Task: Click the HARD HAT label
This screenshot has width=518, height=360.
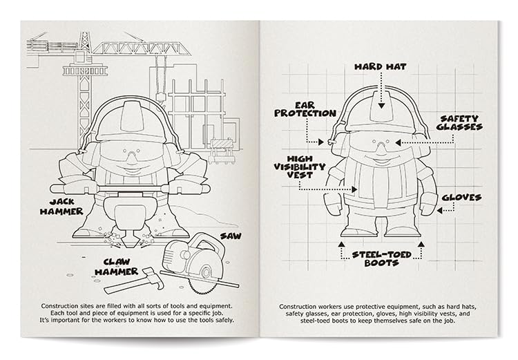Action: coord(381,67)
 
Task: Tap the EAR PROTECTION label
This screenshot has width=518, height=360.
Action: coord(296,109)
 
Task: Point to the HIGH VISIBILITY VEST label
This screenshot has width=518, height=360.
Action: coord(298,167)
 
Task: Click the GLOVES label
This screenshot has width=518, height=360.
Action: coord(461,197)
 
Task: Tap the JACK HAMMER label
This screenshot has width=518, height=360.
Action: coord(66,206)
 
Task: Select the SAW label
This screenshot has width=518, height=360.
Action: coord(231,236)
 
